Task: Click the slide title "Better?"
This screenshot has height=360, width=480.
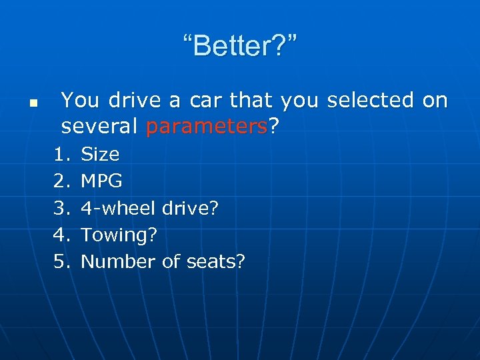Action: [x=241, y=47]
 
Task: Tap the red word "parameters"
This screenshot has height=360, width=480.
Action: [x=206, y=126]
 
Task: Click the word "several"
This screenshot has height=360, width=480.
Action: [x=100, y=126]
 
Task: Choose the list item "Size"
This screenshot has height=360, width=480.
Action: [x=100, y=155]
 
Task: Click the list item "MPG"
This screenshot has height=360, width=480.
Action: [x=101, y=181]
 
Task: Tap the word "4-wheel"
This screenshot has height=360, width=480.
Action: [x=119, y=208]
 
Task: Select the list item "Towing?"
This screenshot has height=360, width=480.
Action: [x=119, y=235]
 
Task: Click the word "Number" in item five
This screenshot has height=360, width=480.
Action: [x=119, y=261]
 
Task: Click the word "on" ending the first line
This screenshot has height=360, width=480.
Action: [x=435, y=101]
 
